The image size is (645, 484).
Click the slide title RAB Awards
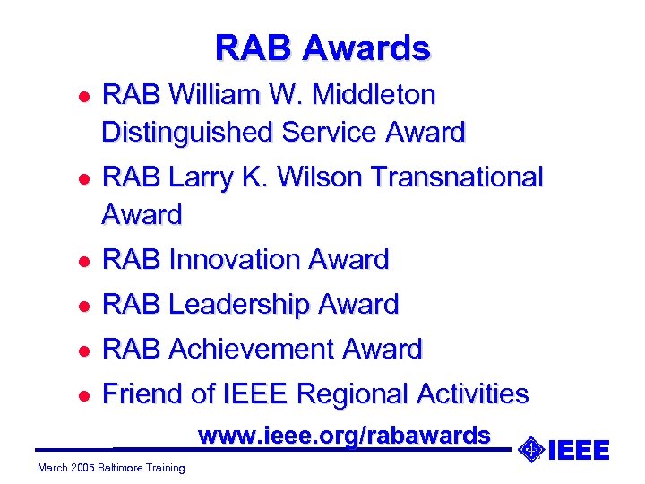[x=322, y=48]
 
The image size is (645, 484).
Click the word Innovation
[x=234, y=260]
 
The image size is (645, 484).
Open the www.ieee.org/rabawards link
[x=344, y=436]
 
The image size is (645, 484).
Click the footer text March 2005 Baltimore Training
[x=111, y=467]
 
